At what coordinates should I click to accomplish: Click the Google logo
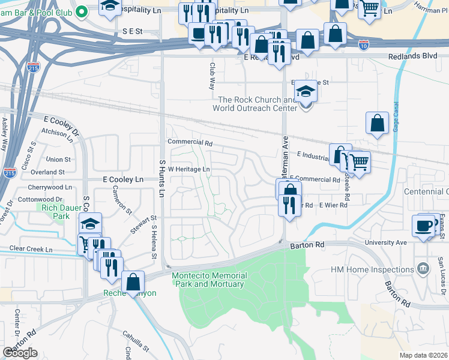click(x=20, y=352)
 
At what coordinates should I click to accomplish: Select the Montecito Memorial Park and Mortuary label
click(x=209, y=280)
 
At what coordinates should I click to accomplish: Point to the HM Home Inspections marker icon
click(x=423, y=267)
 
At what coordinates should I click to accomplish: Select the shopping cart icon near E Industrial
click(x=359, y=161)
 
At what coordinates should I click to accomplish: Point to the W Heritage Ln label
click(x=188, y=169)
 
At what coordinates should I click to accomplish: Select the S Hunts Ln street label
click(x=161, y=178)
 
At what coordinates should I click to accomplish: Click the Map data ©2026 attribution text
click(x=423, y=355)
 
